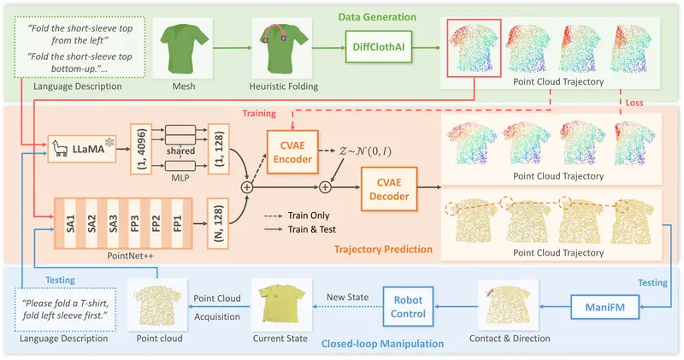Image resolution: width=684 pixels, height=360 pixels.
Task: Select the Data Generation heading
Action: [x=378, y=16]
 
